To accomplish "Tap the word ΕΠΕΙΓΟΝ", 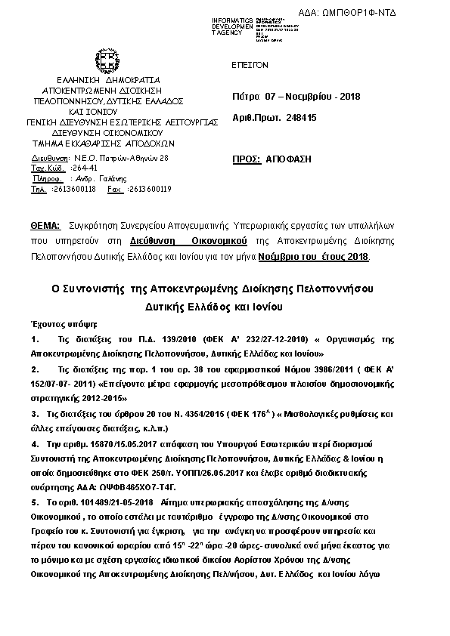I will click(250, 65).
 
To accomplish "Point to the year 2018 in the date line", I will click(350, 97).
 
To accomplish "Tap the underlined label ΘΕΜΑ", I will click(45, 226).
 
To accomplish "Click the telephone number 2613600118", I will click(73, 189).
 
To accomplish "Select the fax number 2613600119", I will click(150, 189).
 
